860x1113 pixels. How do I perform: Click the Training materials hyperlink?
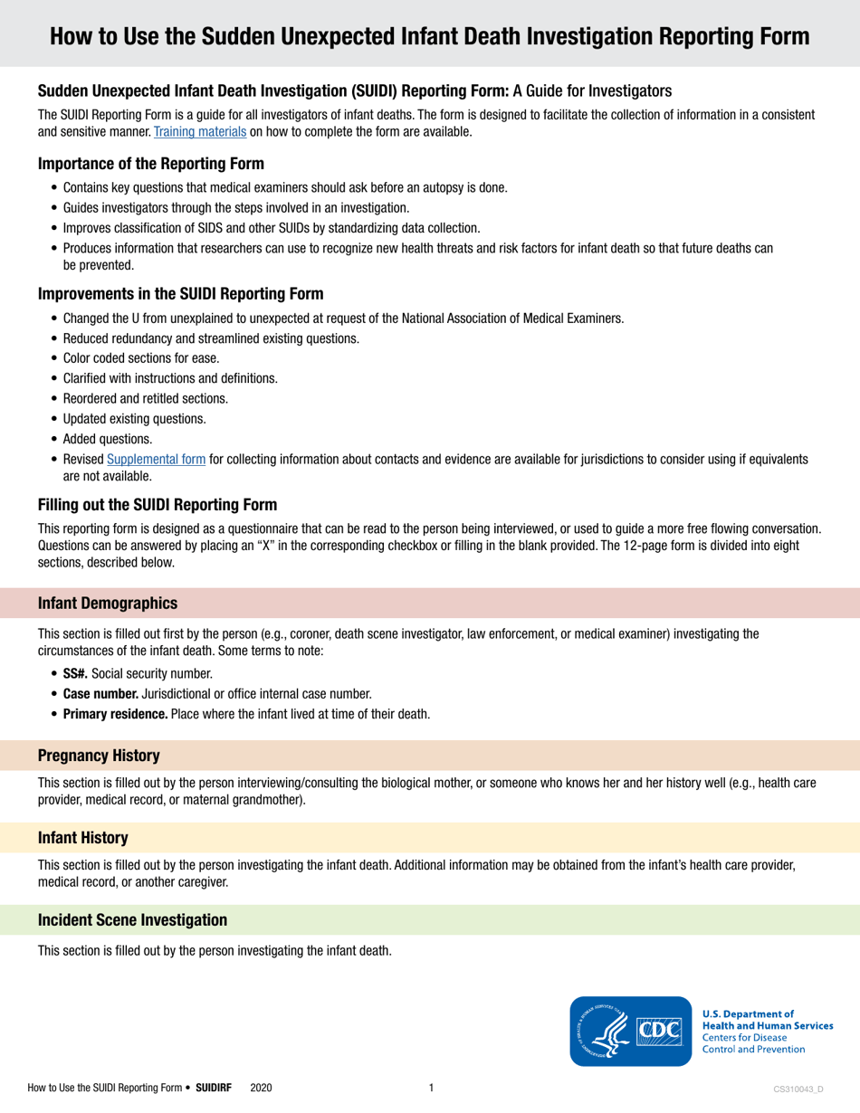coord(195,132)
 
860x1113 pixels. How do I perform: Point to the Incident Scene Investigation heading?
coord(131,920)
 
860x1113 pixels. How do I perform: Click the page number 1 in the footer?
coord(431,1086)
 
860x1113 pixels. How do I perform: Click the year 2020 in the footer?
coord(260,1087)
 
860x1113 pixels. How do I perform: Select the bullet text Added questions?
coord(108,439)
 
